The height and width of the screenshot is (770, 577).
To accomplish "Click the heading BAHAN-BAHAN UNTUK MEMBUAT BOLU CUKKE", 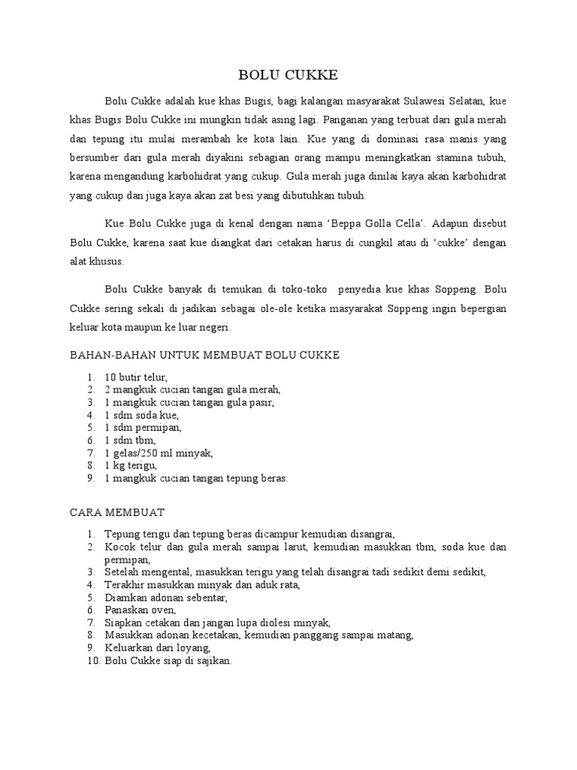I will (205, 354).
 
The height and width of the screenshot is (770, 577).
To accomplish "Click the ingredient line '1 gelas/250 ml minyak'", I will (159, 453).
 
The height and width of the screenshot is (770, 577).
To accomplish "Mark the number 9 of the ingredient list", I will (89, 478).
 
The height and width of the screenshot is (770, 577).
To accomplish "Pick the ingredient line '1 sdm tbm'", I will (130, 440).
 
